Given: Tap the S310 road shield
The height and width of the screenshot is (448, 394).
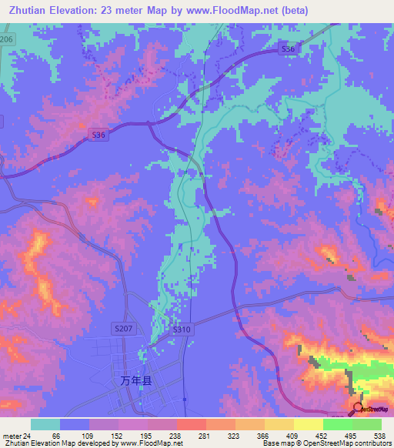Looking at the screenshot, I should point(182,329).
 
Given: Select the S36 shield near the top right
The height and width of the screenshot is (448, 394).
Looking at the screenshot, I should point(287,49).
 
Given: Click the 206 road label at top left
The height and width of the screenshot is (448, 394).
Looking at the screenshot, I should point(7,38).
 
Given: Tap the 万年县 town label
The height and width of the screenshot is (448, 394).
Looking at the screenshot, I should point(136,380).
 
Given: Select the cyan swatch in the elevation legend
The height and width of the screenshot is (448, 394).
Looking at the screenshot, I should point(45,424).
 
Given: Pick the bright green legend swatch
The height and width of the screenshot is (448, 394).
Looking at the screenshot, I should point(337,424).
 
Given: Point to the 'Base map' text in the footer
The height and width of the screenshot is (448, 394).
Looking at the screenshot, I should point(279,444).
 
